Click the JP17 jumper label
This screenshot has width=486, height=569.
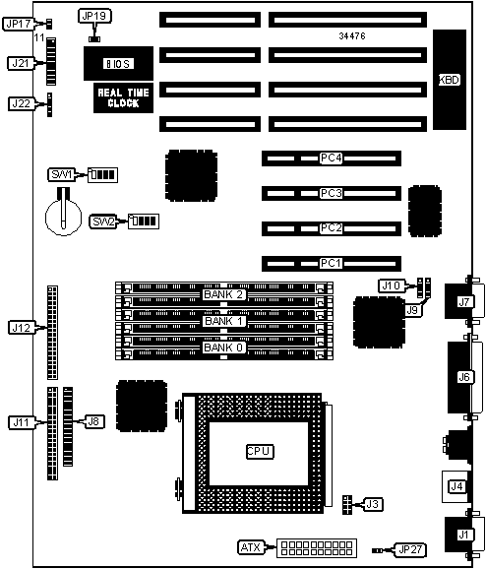pyautogui.click(x=19, y=24)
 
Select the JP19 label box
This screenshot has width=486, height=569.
pyautogui.click(x=94, y=16)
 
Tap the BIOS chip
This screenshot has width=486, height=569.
pyautogui.click(x=118, y=64)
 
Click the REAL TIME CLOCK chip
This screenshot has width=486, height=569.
pyautogui.click(x=123, y=98)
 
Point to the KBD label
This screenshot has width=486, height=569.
pyautogui.click(x=450, y=80)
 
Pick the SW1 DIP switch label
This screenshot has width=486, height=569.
pyautogui.click(x=61, y=174)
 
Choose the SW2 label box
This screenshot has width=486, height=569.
pyautogui.click(x=103, y=221)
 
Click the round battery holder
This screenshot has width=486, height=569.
pyautogui.click(x=64, y=217)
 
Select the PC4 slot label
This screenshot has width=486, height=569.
pyautogui.click(x=332, y=158)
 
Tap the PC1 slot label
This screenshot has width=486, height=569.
pyautogui.click(x=332, y=263)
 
